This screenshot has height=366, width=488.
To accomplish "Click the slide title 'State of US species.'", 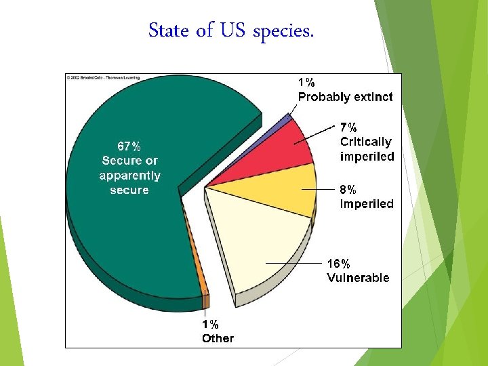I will [x=231, y=31].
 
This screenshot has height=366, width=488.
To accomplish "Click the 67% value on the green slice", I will [x=129, y=146].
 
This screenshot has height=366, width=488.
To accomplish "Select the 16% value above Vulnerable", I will [x=338, y=263].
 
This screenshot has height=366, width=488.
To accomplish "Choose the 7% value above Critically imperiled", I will [x=350, y=127].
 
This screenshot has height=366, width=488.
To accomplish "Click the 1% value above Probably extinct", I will [x=307, y=82].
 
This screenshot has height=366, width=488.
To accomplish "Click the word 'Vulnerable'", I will [x=358, y=278].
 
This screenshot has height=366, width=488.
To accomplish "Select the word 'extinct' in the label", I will [x=372, y=97].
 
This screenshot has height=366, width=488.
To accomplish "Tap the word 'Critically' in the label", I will [x=365, y=142].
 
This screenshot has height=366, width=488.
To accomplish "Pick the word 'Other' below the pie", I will [x=218, y=338].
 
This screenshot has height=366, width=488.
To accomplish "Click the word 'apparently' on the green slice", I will [x=129, y=176].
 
